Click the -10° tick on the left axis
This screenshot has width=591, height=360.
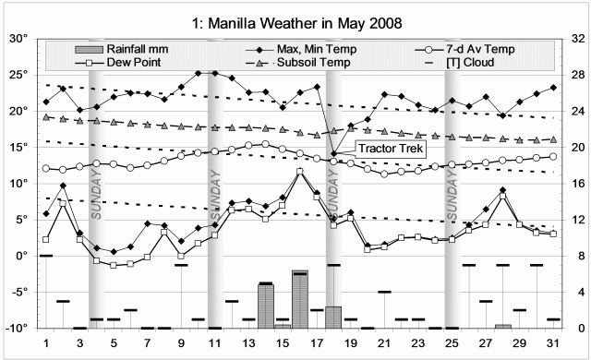coord(18,328)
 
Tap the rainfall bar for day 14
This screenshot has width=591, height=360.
coord(266,306)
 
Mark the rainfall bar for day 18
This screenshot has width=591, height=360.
coord(333,317)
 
